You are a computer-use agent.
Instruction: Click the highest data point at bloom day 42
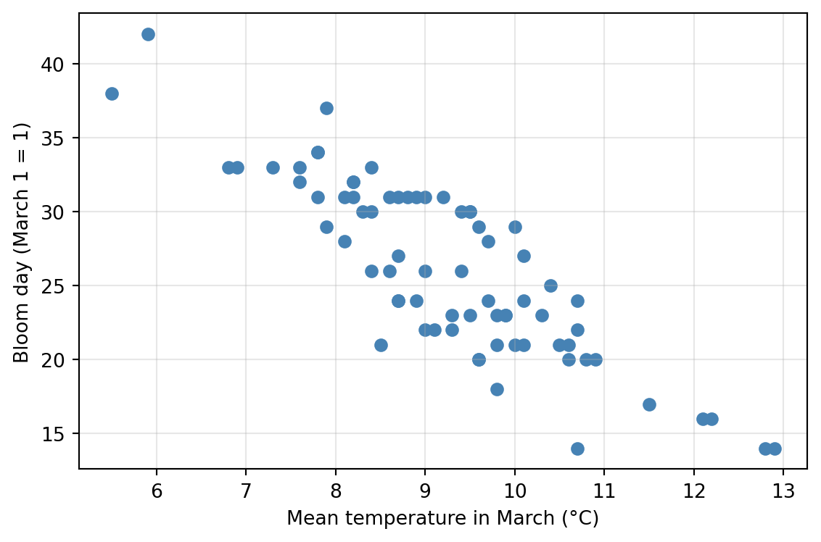[148, 35]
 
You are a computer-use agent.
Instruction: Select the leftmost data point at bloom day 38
[112, 93]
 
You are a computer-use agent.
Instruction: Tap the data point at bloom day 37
[326, 108]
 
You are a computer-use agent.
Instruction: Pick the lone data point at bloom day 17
[649, 404]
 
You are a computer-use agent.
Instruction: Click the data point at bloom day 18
[497, 389]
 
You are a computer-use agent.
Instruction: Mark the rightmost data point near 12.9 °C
[775, 449]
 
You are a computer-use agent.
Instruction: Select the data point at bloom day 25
[550, 285]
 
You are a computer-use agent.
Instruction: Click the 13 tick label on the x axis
[783, 491]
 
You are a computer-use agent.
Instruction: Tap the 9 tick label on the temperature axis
[425, 491]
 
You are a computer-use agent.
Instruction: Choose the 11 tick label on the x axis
[604, 491]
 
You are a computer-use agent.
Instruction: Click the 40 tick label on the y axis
[51, 64]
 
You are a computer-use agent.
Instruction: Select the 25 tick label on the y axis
[51, 286]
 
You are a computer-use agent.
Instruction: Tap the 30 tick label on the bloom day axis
[51, 212]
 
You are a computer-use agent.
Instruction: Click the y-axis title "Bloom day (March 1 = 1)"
[21, 242]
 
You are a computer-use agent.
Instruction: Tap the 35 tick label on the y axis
[51, 138]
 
